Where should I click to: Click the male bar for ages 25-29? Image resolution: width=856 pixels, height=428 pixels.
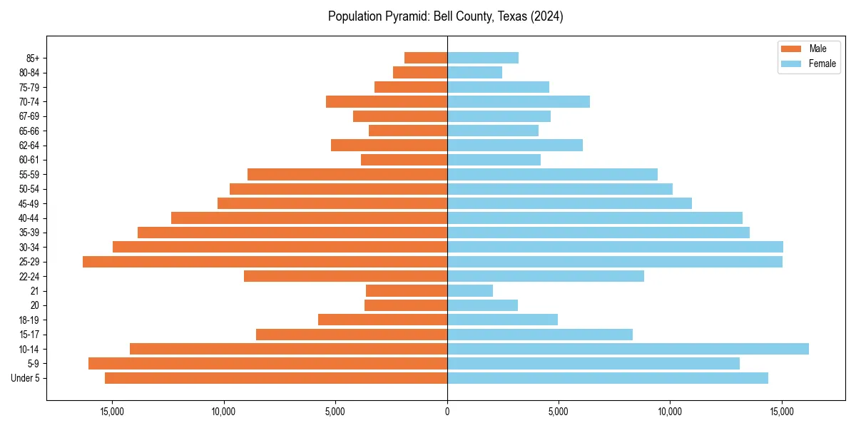[x=265, y=262]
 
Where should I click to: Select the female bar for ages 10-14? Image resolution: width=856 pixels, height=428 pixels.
[x=628, y=349]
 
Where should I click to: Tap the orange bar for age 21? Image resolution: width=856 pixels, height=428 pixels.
[x=407, y=291]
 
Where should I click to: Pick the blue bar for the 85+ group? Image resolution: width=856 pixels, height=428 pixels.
[x=483, y=58]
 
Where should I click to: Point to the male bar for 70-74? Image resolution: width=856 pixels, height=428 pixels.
[x=387, y=102]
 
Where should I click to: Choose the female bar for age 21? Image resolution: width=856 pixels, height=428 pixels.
[x=470, y=291]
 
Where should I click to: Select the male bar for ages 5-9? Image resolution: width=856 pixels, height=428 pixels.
[x=267, y=364]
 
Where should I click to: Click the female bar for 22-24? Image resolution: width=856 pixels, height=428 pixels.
[x=546, y=276]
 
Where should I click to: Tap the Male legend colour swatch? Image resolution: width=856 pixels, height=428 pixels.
[x=792, y=49]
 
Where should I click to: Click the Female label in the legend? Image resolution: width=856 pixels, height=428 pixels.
[x=822, y=63]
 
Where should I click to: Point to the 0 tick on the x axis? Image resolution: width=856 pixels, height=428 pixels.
[x=447, y=412]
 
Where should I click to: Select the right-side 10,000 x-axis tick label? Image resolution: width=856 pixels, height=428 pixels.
[x=671, y=412]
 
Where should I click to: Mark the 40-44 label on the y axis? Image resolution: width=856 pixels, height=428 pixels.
[x=29, y=218]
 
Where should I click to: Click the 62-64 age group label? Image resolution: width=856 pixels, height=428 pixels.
[x=29, y=146]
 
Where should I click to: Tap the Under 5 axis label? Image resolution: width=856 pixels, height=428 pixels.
[x=25, y=378]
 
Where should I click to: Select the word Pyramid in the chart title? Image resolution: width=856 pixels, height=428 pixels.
[x=406, y=16]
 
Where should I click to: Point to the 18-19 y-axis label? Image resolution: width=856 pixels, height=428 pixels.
[x=29, y=320]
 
